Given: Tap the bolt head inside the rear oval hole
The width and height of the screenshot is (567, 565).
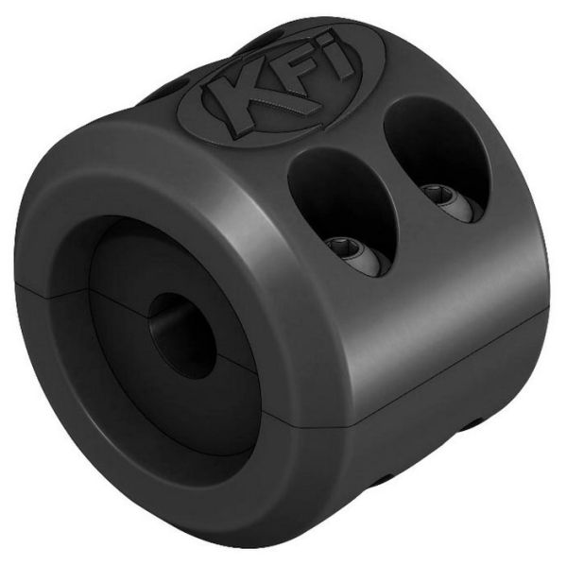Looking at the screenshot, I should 440,196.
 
